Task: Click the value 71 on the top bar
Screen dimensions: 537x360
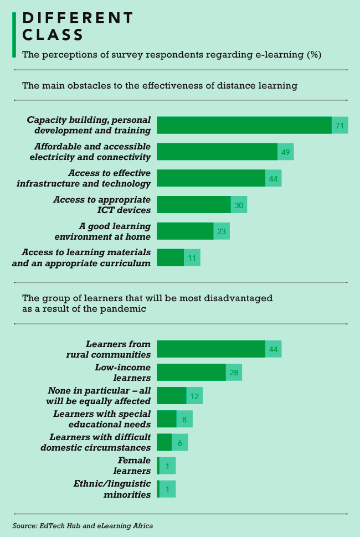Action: click(340, 126)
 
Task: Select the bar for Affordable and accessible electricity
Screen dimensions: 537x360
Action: click(217, 152)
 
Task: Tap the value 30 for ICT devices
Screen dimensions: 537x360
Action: click(239, 205)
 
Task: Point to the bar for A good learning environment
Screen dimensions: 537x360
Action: click(185, 231)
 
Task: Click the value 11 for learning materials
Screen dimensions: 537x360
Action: click(192, 258)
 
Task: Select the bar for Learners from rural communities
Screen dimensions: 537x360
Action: click(211, 349)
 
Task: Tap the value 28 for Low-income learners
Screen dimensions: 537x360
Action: click(234, 373)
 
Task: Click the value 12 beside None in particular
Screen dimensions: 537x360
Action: click(194, 396)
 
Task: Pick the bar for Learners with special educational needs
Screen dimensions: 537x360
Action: click(167, 419)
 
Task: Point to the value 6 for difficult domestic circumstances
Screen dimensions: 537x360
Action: click(180, 442)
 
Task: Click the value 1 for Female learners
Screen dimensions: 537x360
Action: click(167, 466)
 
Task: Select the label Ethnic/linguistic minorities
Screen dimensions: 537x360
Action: click(112, 489)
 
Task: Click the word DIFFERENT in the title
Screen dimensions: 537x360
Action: click(78, 18)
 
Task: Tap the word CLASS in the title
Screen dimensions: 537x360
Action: click(53, 35)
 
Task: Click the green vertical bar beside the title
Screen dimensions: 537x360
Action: click(14, 34)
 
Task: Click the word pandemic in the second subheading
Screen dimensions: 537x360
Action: click(126, 309)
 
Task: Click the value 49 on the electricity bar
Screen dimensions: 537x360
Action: click(286, 152)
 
